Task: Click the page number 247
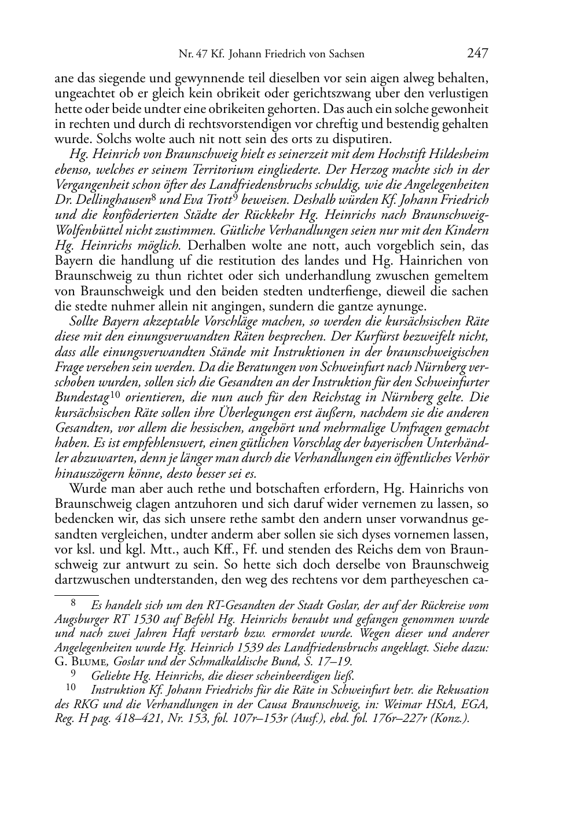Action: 477,54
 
